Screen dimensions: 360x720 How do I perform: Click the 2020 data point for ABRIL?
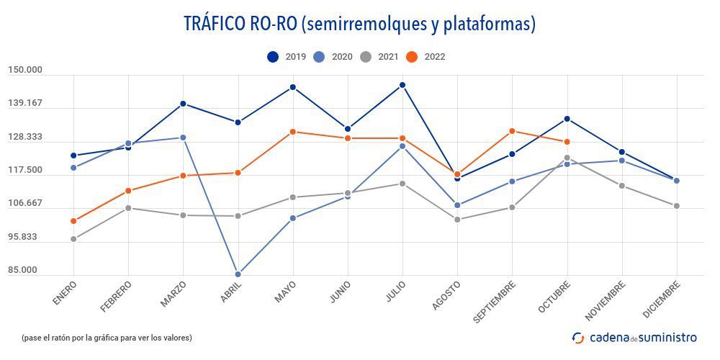238,274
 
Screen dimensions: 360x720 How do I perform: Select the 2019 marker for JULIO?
402,85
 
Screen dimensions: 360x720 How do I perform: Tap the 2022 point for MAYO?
293,132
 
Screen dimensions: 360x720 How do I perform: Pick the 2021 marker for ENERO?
73,239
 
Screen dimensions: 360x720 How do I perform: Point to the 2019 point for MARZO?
183,104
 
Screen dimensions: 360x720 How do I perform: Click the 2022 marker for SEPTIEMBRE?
512,131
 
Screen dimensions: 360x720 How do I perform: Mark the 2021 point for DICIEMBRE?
677,206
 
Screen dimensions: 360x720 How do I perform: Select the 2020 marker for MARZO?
183,138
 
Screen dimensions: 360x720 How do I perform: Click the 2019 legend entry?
287,57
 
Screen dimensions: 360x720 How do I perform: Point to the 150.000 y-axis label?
25,70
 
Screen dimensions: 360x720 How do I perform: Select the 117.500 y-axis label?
25,171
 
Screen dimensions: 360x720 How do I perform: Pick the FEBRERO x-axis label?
117,297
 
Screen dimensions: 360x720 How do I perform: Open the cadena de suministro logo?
634,337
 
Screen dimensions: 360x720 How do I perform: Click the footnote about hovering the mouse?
107,338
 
